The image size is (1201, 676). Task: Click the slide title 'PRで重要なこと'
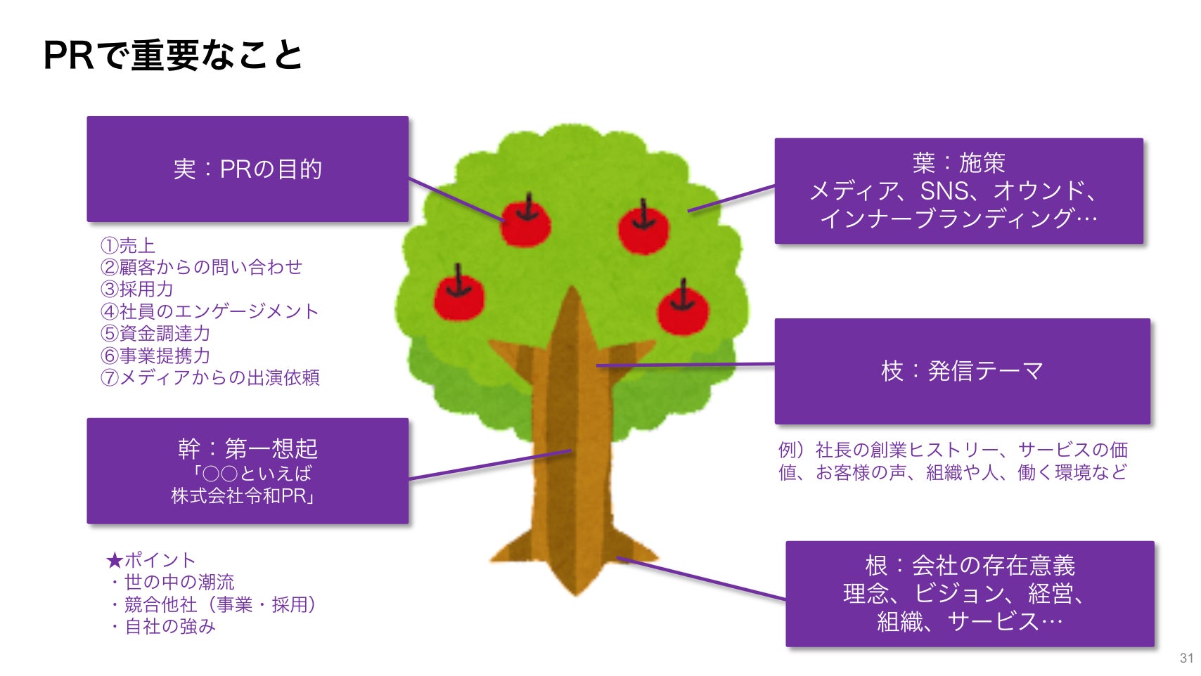[173, 55]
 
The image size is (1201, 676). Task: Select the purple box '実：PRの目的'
[248, 169]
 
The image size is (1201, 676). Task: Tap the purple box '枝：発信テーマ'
[962, 371]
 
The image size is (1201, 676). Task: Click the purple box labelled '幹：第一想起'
[248, 471]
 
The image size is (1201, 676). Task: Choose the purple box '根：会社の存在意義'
[970, 594]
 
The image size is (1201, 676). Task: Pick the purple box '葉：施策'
[958, 191]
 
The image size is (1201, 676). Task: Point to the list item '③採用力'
[137, 289]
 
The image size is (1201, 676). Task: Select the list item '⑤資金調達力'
[155, 333]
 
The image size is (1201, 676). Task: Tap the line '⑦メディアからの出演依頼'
[210, 377]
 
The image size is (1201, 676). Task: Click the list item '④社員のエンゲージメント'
[210, 311]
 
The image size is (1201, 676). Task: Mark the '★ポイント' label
[150, 560]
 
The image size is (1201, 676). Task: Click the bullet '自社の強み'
[169, 626]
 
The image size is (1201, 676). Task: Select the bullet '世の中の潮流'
[179, 582]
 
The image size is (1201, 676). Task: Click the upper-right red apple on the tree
[643, 229]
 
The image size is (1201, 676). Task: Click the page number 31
[1186, 658]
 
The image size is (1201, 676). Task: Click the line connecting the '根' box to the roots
[702, 578]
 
